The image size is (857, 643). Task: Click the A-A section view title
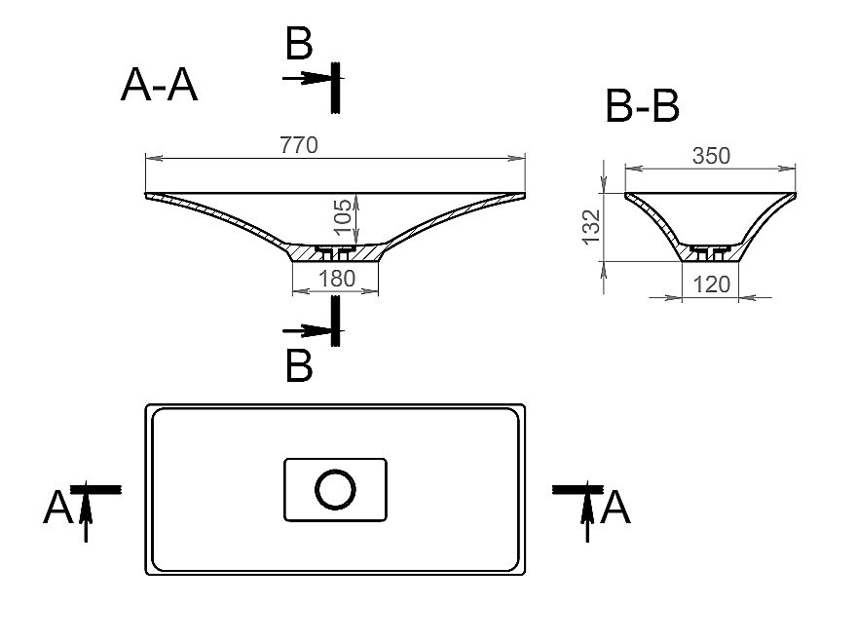(159, 85)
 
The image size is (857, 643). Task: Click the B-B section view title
(643, 105)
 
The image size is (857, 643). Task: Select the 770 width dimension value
(298, 145)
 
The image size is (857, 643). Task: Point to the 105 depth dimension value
(343, 217)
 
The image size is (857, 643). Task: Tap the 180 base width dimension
(337, 279)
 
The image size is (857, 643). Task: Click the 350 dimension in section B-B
(711, 156)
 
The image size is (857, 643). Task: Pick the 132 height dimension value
(591, 227)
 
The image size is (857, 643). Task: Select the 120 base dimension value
(711, 284)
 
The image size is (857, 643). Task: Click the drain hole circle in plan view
(335, 489)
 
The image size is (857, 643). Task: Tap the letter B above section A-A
(299, 43)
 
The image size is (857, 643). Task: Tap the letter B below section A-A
(299, 365)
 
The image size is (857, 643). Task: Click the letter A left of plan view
(57, 508)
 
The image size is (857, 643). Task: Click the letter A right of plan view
(615, 508)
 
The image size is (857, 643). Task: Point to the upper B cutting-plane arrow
(307, 78)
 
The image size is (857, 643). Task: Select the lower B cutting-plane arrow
(307, 331)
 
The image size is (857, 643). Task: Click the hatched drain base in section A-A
(335, 253)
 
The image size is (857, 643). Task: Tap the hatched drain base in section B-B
(711, 253)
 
